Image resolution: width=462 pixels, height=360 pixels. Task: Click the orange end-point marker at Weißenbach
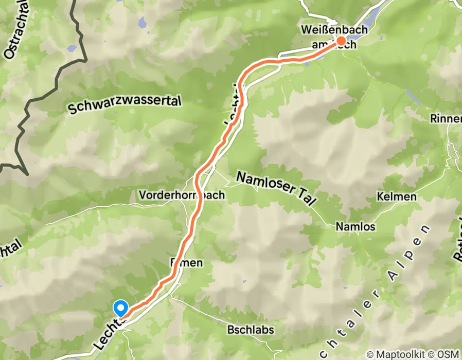(341, 41)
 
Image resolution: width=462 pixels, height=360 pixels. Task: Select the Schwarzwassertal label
(125, 105)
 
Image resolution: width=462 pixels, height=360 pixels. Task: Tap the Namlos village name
(355, 226)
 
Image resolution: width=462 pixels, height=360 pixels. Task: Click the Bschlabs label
(250, 330)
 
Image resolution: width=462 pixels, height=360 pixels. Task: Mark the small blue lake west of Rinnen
(413, 97)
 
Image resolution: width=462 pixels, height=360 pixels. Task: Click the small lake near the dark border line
(72, 48)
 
